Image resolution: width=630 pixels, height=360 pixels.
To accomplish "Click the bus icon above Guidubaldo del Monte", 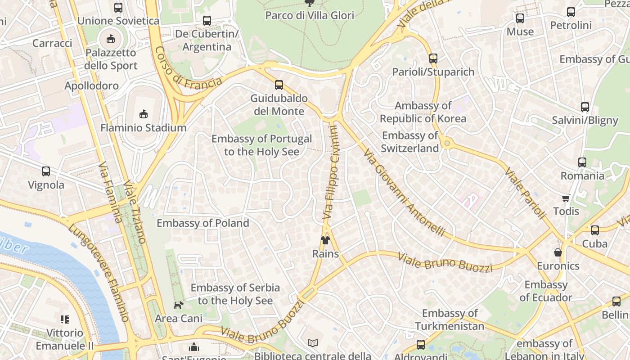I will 279,85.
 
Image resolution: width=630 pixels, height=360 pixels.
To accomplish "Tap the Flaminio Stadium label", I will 143,128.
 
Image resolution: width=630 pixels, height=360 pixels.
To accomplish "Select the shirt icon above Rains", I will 325,240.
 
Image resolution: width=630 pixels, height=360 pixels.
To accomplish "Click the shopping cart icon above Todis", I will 566,198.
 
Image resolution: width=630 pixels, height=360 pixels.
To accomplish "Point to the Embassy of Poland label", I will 202,223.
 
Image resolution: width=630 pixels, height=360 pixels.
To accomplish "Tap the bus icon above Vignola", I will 46,171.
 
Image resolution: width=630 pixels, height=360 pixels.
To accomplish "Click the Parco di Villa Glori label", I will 310,15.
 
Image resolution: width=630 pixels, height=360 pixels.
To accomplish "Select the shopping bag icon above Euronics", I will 558,252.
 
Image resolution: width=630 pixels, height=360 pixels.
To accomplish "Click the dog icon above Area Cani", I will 178,305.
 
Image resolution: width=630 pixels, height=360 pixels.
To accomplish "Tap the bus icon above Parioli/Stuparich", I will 433,58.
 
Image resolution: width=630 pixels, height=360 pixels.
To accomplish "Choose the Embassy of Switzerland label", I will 409,142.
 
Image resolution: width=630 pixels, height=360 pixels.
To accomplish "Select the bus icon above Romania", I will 582,162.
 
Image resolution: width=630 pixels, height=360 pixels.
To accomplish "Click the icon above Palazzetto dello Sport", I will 111,39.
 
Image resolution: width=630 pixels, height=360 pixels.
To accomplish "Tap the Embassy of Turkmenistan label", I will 450,319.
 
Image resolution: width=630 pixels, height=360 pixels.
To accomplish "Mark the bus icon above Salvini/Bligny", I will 585,107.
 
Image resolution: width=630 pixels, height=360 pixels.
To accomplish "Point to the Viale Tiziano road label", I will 135,212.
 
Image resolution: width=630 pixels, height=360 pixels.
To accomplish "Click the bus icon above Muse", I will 520,18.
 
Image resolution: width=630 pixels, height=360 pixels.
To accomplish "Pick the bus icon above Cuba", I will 595,230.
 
